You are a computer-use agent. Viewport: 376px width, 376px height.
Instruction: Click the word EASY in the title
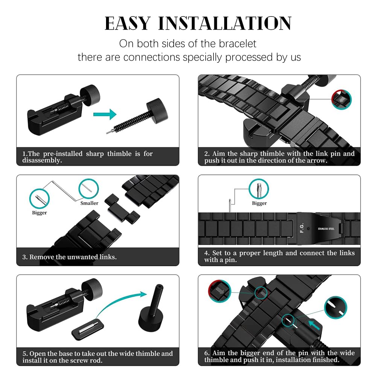coord(128,23)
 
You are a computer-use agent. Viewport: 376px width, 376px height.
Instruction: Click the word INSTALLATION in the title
coord(225,23)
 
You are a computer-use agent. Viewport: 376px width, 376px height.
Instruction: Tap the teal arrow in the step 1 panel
coord(105,114)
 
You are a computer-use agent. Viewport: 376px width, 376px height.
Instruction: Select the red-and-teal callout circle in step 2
coord(341,100)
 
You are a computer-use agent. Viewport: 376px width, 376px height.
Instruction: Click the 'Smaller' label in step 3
coord(89,203)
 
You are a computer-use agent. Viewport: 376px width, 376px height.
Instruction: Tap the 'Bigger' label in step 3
coord(39,213)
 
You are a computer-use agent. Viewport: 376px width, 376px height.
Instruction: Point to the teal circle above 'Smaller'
coord(89,189)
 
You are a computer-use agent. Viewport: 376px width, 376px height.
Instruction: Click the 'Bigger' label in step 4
coord(259,203)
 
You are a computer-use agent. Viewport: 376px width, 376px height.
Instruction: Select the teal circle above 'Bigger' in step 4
coord(259,189)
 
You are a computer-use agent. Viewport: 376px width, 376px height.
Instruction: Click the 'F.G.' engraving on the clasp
coord(302,228)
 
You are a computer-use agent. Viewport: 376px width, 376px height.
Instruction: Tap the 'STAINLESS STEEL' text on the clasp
coord(326,229)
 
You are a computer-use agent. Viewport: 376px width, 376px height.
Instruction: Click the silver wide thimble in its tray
coord(88,327)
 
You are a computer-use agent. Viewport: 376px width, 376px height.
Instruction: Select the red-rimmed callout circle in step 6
coord(220,291)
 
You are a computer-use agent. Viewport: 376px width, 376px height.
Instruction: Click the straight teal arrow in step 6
coord(314,325)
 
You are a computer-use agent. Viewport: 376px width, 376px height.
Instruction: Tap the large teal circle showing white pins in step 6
coord(335,308)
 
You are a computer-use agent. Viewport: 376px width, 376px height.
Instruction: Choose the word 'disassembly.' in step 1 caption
coord(42,161)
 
